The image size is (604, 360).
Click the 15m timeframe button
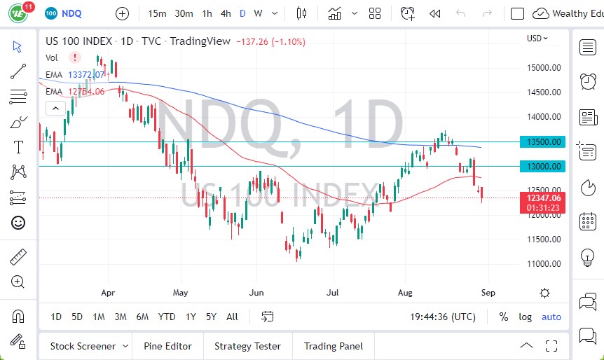[x=158, y=13]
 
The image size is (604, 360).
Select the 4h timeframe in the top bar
[x=225, y=13]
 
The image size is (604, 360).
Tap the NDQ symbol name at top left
[x=73, y=13]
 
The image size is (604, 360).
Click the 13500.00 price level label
[x=544, y=142]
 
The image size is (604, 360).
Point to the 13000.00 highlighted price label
[x=544, y=167]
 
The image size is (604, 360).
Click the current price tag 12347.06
[x=544, y=198]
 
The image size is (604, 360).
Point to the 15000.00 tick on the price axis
[x=544, y=68]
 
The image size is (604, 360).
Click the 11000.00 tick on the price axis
[x=544, y=264]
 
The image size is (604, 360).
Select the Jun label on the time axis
[x=256, y=293]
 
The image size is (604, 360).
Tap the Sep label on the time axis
[x=488, y=293]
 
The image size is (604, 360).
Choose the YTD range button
[x=166, y=317]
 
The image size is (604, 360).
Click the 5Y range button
[x=211, y=317]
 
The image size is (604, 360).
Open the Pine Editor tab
[x=167, y=346]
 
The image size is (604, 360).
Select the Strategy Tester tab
[x=247, y=346]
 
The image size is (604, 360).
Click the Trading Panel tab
[x=333, y=346]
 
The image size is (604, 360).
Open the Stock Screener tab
[x=82, y=346]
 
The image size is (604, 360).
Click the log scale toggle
[x=525, y=317]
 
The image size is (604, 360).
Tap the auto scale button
[x=551, y=317]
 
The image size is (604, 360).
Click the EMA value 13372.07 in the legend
[x=86, y=74]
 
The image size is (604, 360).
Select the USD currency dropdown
[x=537, y=39]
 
